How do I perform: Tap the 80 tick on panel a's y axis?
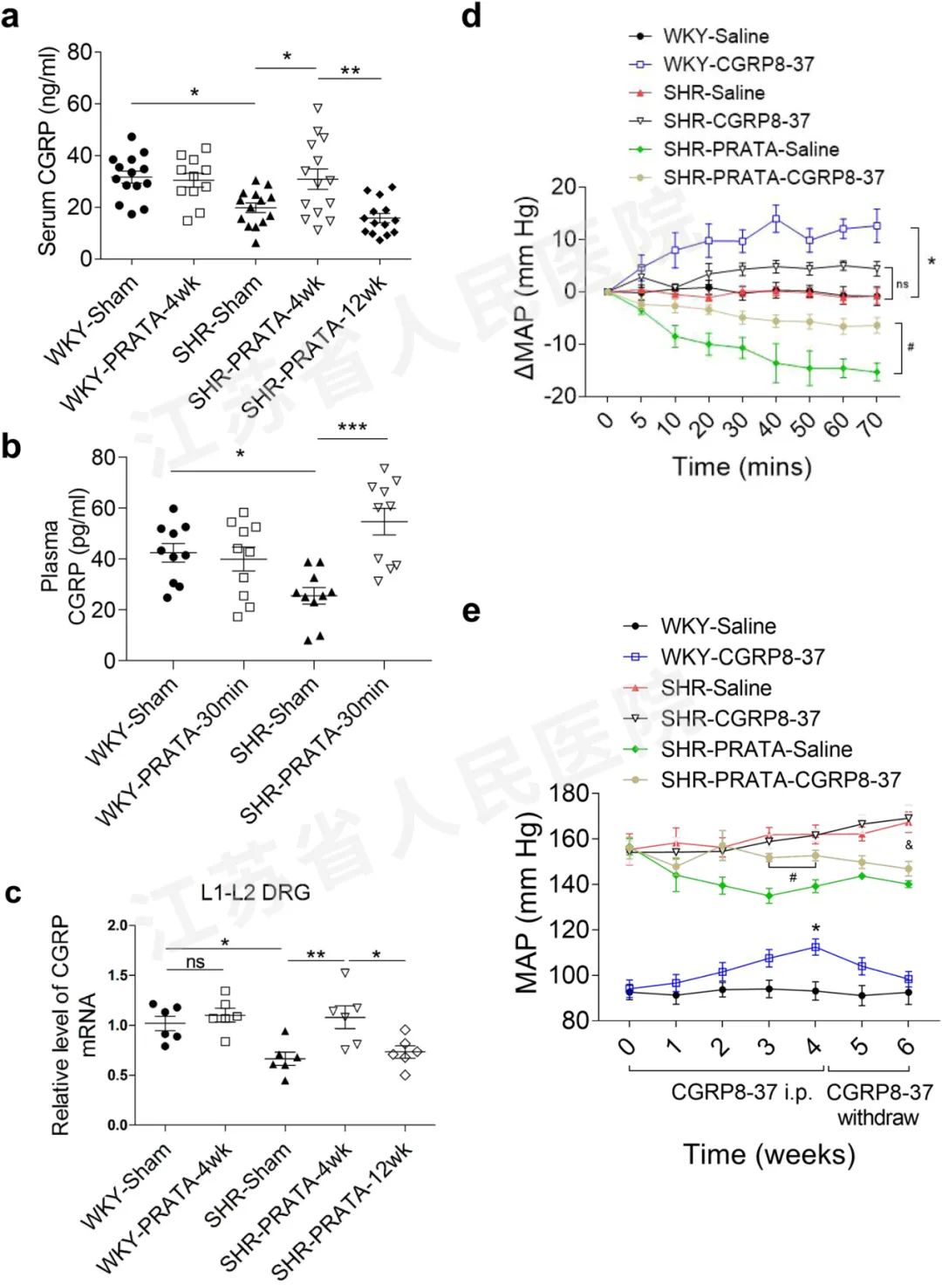79,52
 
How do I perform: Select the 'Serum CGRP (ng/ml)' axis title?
47,150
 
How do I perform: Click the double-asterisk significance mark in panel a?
350,71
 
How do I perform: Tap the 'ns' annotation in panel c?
195,962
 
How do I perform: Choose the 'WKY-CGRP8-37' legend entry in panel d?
738,65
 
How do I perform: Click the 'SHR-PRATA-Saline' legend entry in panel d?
750,149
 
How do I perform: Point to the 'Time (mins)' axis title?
741,466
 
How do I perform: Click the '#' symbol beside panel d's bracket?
911,347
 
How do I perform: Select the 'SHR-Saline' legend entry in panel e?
715,688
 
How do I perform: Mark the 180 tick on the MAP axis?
569,794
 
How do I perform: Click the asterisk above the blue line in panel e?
816,929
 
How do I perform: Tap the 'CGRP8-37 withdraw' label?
878,1105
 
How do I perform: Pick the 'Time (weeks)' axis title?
768,1155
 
